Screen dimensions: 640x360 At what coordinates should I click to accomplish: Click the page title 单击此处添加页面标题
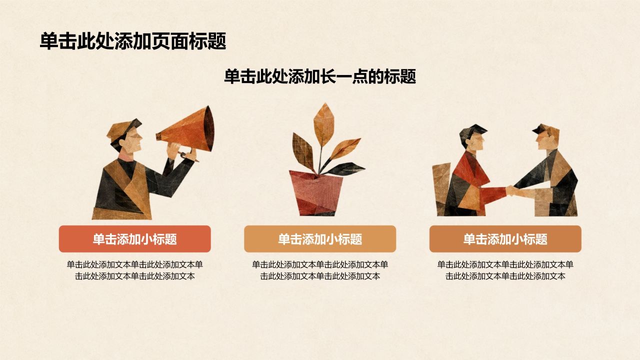[x=133, y=41]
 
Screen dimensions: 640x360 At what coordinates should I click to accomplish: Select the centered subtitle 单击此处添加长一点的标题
[x=320, y=76]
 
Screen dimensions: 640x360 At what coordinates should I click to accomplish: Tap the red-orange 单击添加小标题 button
[x=135, y=239]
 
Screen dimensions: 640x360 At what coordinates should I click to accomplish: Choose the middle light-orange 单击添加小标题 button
[x=320, y=239]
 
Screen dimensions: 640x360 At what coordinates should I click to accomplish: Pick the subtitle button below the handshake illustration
[x=505, y=239]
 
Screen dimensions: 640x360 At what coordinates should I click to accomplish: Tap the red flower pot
[x=315, y=193]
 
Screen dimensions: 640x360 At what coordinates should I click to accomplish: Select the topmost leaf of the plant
[x=324, y=123]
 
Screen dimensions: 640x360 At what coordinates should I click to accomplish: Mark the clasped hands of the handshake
[x=511, y=190]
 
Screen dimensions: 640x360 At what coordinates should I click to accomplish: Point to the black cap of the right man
[x=541, y=129]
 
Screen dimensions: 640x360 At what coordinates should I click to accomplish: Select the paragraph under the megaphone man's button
[x=135, y=270]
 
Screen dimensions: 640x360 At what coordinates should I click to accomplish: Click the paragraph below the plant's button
[x=320, y=270]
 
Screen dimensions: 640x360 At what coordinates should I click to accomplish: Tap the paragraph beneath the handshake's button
[x=505, y=270]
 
